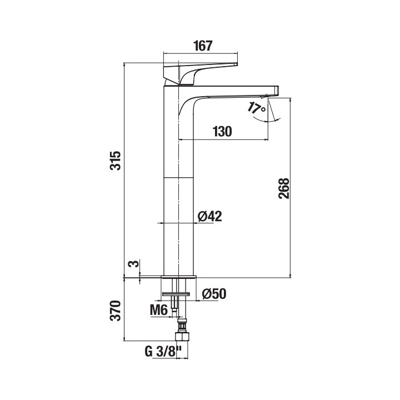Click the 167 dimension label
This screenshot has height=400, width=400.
203,46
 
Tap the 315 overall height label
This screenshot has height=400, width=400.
116,161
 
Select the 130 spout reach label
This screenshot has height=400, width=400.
222,132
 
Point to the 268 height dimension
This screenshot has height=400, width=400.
284,188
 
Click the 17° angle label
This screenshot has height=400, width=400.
256,108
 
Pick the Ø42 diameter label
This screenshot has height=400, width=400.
209,216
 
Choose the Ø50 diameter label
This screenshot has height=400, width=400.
214,294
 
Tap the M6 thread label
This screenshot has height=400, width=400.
159,310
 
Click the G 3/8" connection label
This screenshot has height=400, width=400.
163,352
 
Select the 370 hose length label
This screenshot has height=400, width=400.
116,311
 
